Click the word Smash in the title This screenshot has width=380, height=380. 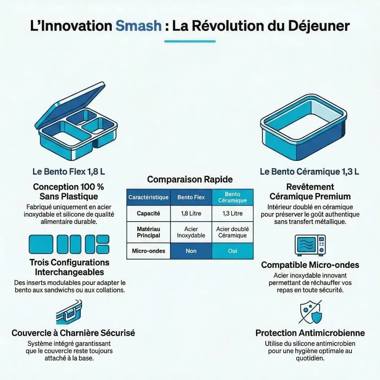click(138, 26)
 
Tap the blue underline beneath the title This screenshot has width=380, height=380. click(190, 42)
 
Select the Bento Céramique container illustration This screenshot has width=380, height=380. click(304, 127)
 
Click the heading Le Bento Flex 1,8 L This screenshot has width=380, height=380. click(69, 171)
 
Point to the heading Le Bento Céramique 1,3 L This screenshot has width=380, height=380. click(309, 171)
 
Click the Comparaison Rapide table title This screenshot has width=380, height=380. click(190, 179)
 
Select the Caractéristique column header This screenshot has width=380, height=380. click(148, 197)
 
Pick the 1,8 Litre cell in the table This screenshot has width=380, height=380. click(191, 213)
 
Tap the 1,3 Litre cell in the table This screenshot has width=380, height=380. click(232, 213)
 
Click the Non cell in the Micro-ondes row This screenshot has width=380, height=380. click(191, 251)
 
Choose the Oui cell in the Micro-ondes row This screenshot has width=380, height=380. click(232, 251)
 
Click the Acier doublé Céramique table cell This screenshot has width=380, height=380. click(232, 232)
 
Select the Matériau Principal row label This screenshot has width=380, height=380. click(148, 232)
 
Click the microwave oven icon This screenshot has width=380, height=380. click(310, 245)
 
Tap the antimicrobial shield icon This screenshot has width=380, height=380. click(311, 312)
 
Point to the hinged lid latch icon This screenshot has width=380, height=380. click(69, 312)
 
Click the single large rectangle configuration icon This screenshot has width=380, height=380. click(41, 244)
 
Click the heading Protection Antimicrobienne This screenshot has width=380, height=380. click(310, 333)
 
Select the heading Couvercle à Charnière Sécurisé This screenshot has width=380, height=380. click(73, 333)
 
